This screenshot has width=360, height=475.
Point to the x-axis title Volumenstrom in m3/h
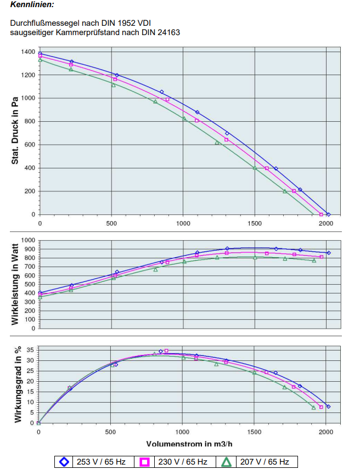(x=189, y=443)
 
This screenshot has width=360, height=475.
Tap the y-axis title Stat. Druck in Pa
(x=16, y=131)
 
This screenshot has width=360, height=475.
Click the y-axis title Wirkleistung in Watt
(x=16, y=284)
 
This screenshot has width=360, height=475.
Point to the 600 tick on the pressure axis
(x=30, y=145)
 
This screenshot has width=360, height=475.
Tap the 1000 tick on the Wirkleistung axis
(x=27, y=240)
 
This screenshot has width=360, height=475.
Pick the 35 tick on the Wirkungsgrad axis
(x=31, y=349)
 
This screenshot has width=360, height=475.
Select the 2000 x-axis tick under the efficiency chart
(x=326, y=432)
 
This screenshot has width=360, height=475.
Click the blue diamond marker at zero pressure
(x=328, y=214)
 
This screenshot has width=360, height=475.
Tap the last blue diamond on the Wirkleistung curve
(x=329, y=253)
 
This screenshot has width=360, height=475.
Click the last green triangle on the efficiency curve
(x=314, y=408)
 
